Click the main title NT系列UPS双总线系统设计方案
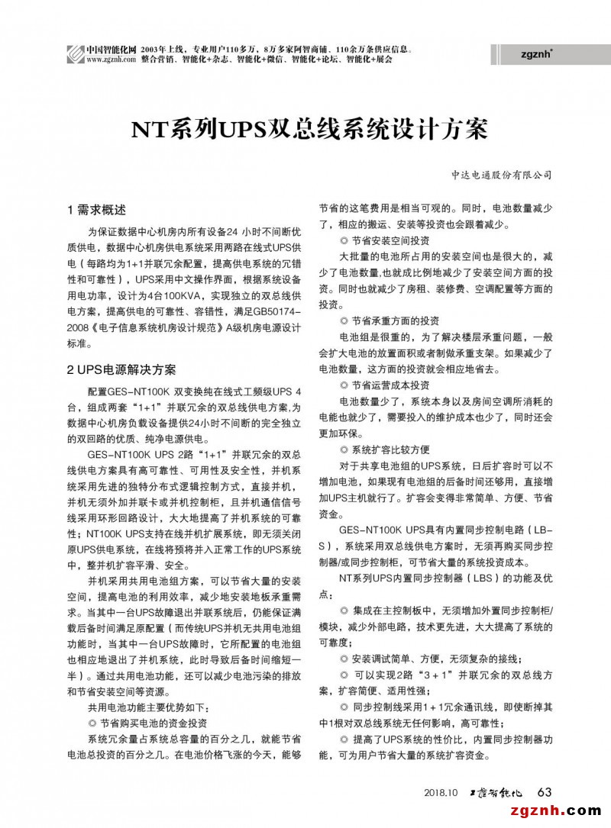tap(305, 129)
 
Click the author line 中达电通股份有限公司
tap(501, 175)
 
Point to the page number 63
tap(545, 791)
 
